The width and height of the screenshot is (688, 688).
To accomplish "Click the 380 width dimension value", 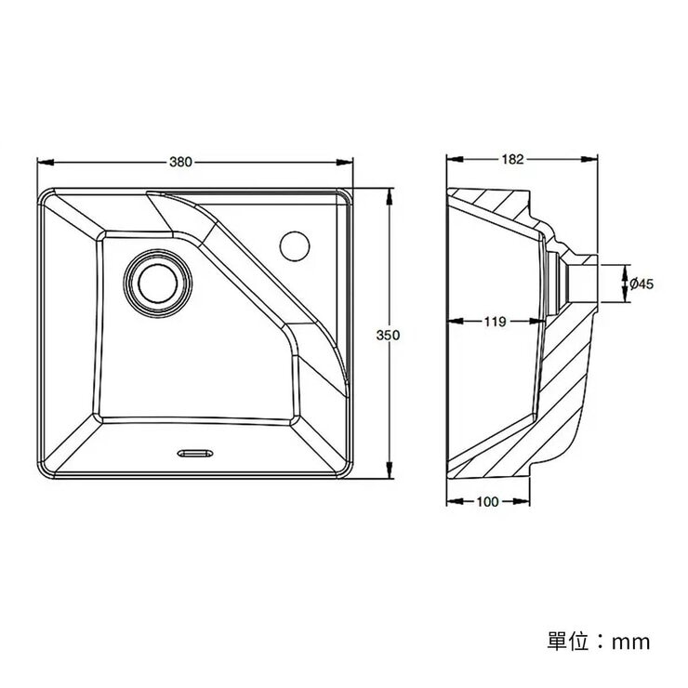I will click(180, 162).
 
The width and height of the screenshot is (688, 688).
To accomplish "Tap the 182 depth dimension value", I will click(511, 159).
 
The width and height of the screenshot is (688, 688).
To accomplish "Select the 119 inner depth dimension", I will click(495, 322).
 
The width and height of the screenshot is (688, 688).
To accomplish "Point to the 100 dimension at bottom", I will click(486, 501).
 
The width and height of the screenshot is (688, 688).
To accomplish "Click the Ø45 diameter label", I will click(642, 284).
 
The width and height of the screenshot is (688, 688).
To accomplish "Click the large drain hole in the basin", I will click(159, 281).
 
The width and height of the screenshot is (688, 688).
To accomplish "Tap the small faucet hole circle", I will click(295, 245).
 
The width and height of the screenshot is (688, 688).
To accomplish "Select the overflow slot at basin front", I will click(193, 453).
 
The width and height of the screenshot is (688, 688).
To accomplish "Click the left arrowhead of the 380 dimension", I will click(41, 162).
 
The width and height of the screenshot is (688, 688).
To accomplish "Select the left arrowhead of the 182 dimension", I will click(452, 159).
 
